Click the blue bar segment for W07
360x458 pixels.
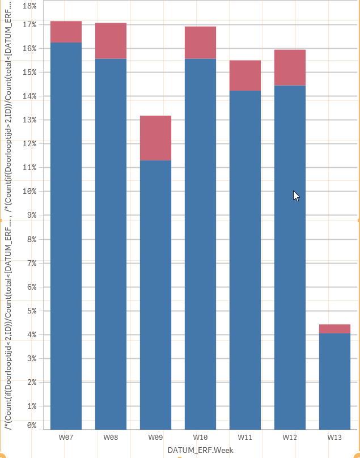coord(66,235)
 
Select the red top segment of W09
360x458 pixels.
coord(155,138)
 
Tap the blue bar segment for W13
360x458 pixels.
coord(334,381)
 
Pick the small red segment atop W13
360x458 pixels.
coord(334,329)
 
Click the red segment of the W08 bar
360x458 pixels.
coord(111,41)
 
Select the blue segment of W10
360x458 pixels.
coord(200,244)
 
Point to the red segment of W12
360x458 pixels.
coord(290,67)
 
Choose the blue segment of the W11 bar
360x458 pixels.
coord(245,260)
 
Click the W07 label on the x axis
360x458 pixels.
coord(66,438)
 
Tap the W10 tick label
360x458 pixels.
coord(200,438)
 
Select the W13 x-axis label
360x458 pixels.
coord(334,438)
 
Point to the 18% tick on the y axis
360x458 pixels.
coord(28,6)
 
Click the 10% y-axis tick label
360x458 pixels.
coord(28,192)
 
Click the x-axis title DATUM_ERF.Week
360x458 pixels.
coord(200,450)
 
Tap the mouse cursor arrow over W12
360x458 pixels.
coord(295,195)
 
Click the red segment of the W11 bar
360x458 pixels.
coord(245,75)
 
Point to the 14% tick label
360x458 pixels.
coord(28,96)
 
